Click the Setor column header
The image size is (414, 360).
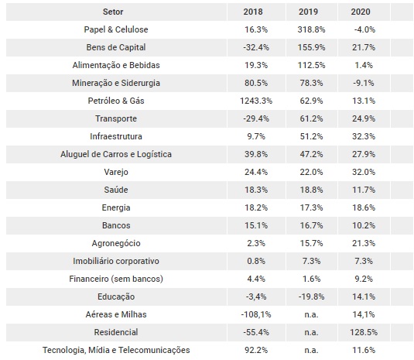pyautogui.click(x=113, y=12)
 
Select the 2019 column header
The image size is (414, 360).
pyautogui.click(x=308, y=12)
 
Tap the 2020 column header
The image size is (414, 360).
pyautogui.click(x=361, y=12)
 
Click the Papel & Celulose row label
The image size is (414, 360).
pyautogui.click(x=116, y=29)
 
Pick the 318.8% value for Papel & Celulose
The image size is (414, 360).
pyautogui.click(x=311, y=29)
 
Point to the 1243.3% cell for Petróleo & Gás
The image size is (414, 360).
pyautogui.click(x=256, y=101)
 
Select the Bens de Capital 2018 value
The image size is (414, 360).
pyautogui.click(x=256, y=47)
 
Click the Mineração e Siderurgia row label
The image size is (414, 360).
pyautogui.click(x=116, y=83)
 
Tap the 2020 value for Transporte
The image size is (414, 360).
pyautogui.click(x=364, y=118)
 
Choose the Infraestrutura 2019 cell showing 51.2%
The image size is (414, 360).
pyautogui.click(x=311, y=136)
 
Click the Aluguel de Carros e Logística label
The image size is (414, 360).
pyautogui.click(x=116, y=154)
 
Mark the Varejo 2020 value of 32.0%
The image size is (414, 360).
pyautogui.click(x=364, y=172)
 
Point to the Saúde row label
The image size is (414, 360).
pyautogui.click(x=116, y=190)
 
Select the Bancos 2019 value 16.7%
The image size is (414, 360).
pyautogui.click(x=311, y=225)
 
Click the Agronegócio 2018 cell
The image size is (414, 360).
pyautogui.click(x=256, y=243)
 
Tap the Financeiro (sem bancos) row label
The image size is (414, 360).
pyautogui.click(x=116, y=279)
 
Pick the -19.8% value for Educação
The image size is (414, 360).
pyautogui.click(x=311, y=297)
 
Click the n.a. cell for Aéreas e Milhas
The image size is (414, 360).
pyautogui.click(x=311, y=314)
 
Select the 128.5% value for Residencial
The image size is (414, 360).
pyautogui.click(x=364, y=332)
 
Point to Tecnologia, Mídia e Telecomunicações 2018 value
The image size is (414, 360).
pyautogui.click(x=256, y=350)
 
